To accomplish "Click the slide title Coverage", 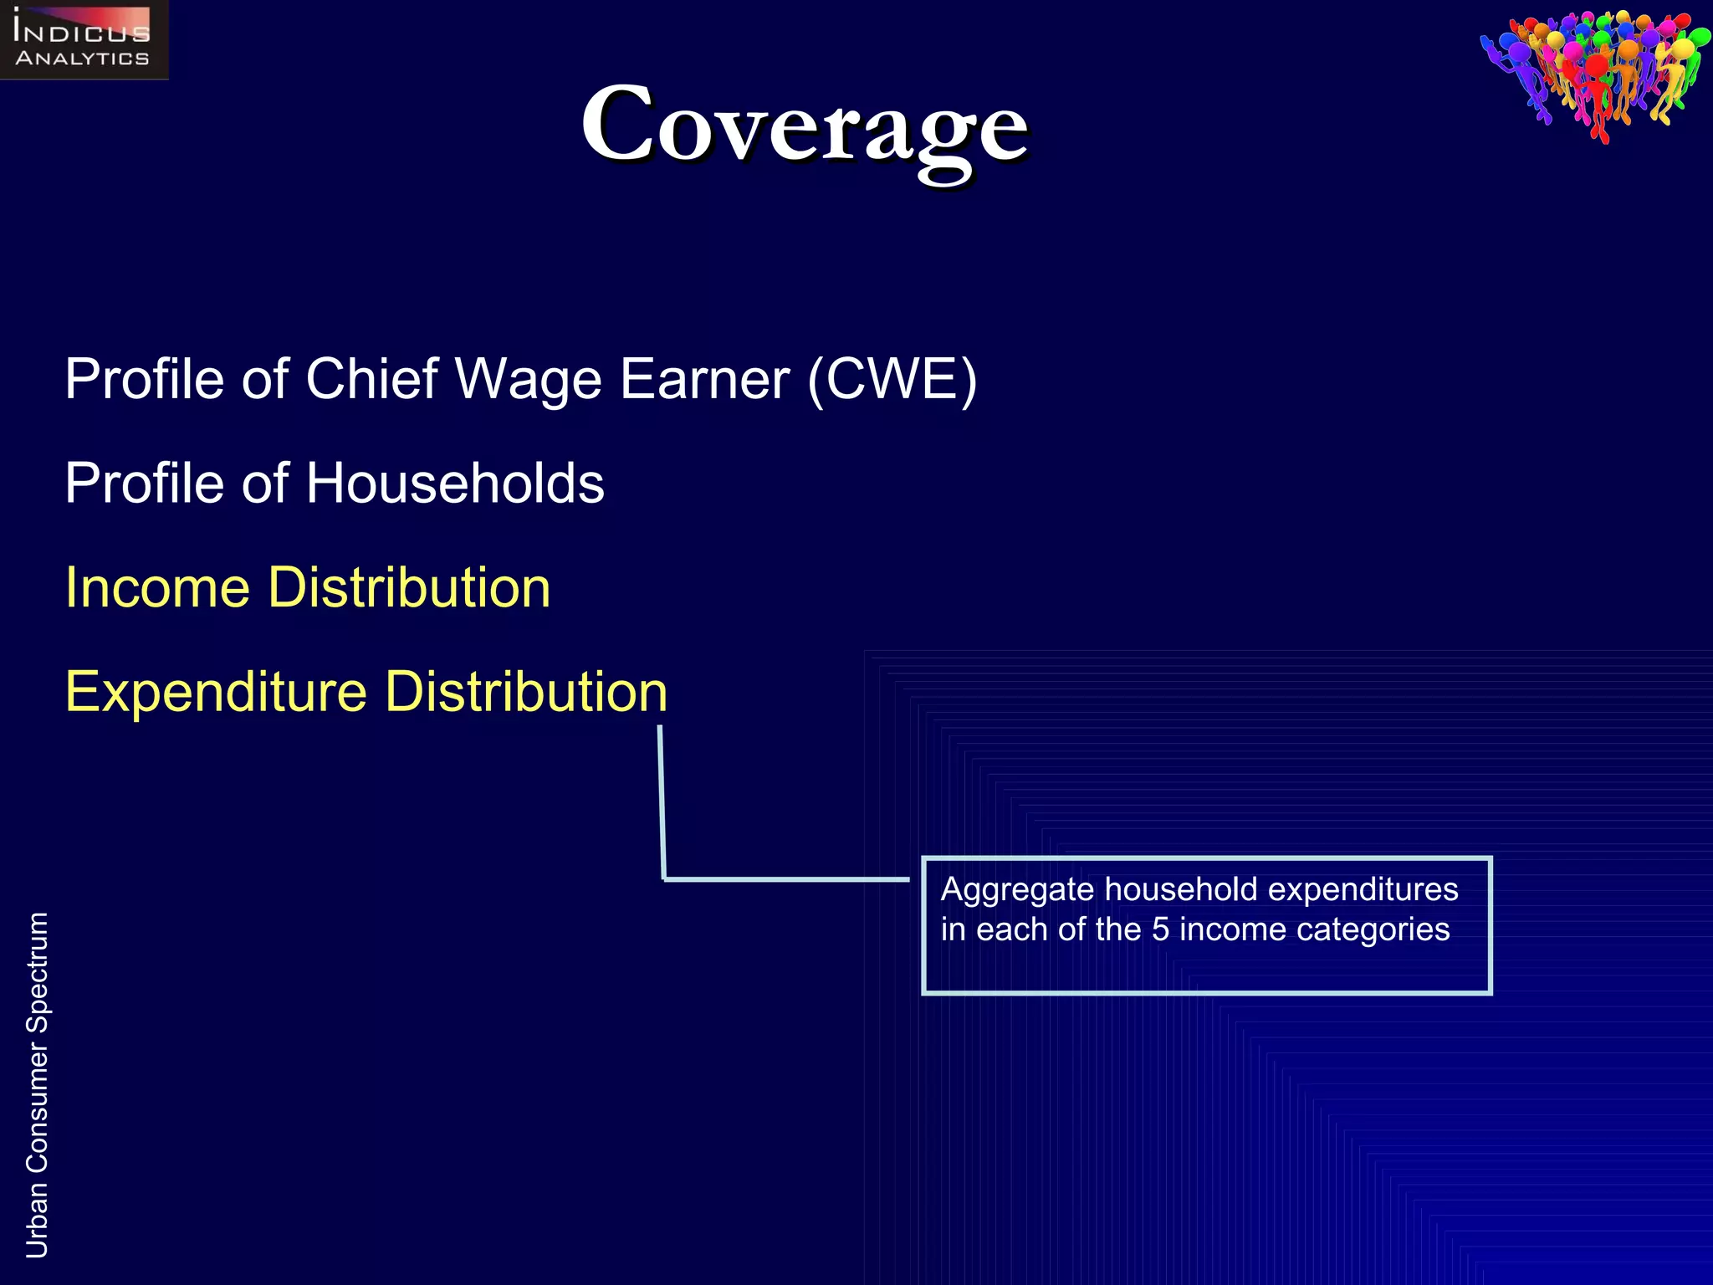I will [805, 125].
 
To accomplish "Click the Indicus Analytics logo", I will [84, 40].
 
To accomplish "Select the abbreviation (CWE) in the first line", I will [892, 379].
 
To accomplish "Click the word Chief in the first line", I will [371, 379].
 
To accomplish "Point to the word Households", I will [455, 484].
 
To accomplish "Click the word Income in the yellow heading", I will [157, 587].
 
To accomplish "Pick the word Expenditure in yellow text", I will [216, 693].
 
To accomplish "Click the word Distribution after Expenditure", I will [526, 692].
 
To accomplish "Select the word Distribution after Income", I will [409, 587].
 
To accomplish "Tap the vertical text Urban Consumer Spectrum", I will [37, 1084].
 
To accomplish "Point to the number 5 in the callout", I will [1160, 929].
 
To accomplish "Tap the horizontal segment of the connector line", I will [786, 879].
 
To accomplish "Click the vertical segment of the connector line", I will [662, 803].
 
